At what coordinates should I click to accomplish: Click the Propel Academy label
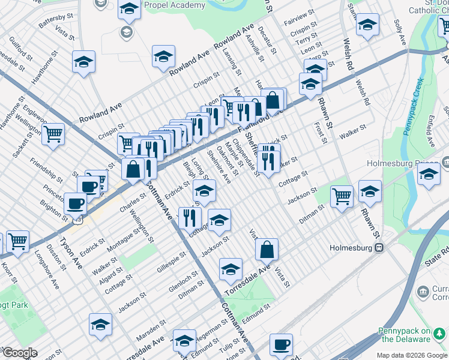point(179,5)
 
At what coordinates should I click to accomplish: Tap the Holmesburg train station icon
point(379,247)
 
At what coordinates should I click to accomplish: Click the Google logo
point(20,353)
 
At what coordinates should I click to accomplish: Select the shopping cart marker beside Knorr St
point(17,242)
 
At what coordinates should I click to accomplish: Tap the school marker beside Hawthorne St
point(84,61)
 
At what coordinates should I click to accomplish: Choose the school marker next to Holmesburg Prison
point(429,175)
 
